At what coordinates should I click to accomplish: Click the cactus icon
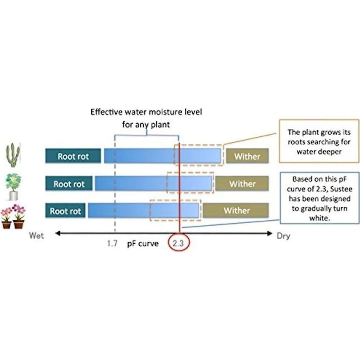pyautogui.click(x=13, y=155)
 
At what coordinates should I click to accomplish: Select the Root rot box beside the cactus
pyautogui.click(x=73, y=156)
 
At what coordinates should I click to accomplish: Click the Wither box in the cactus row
pyautogui.click(x=247, y=156)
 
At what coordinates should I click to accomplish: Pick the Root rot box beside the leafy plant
pyautogui.click(x=69, y=184)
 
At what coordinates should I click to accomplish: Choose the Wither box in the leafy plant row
pyautogui.click(x=242, y=184)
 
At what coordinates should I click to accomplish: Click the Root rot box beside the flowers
pyautogui.click(x=65, y=211)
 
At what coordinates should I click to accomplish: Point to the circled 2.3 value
pyautogui.click(x=179, y=244)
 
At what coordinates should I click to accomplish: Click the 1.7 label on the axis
pyautogui.click(x=112, y=244)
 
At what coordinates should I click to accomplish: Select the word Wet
pyautogui.click(x=36, y=236)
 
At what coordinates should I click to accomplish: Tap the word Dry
pyautogui.click(x=283, y=236)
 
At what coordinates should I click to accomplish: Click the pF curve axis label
pyautogui.click(x=143, y=244)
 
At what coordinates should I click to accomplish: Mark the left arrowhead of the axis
pyautogui.click(x=57, y=233)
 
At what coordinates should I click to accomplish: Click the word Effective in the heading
pyautogui.click(x=107, y=112)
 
